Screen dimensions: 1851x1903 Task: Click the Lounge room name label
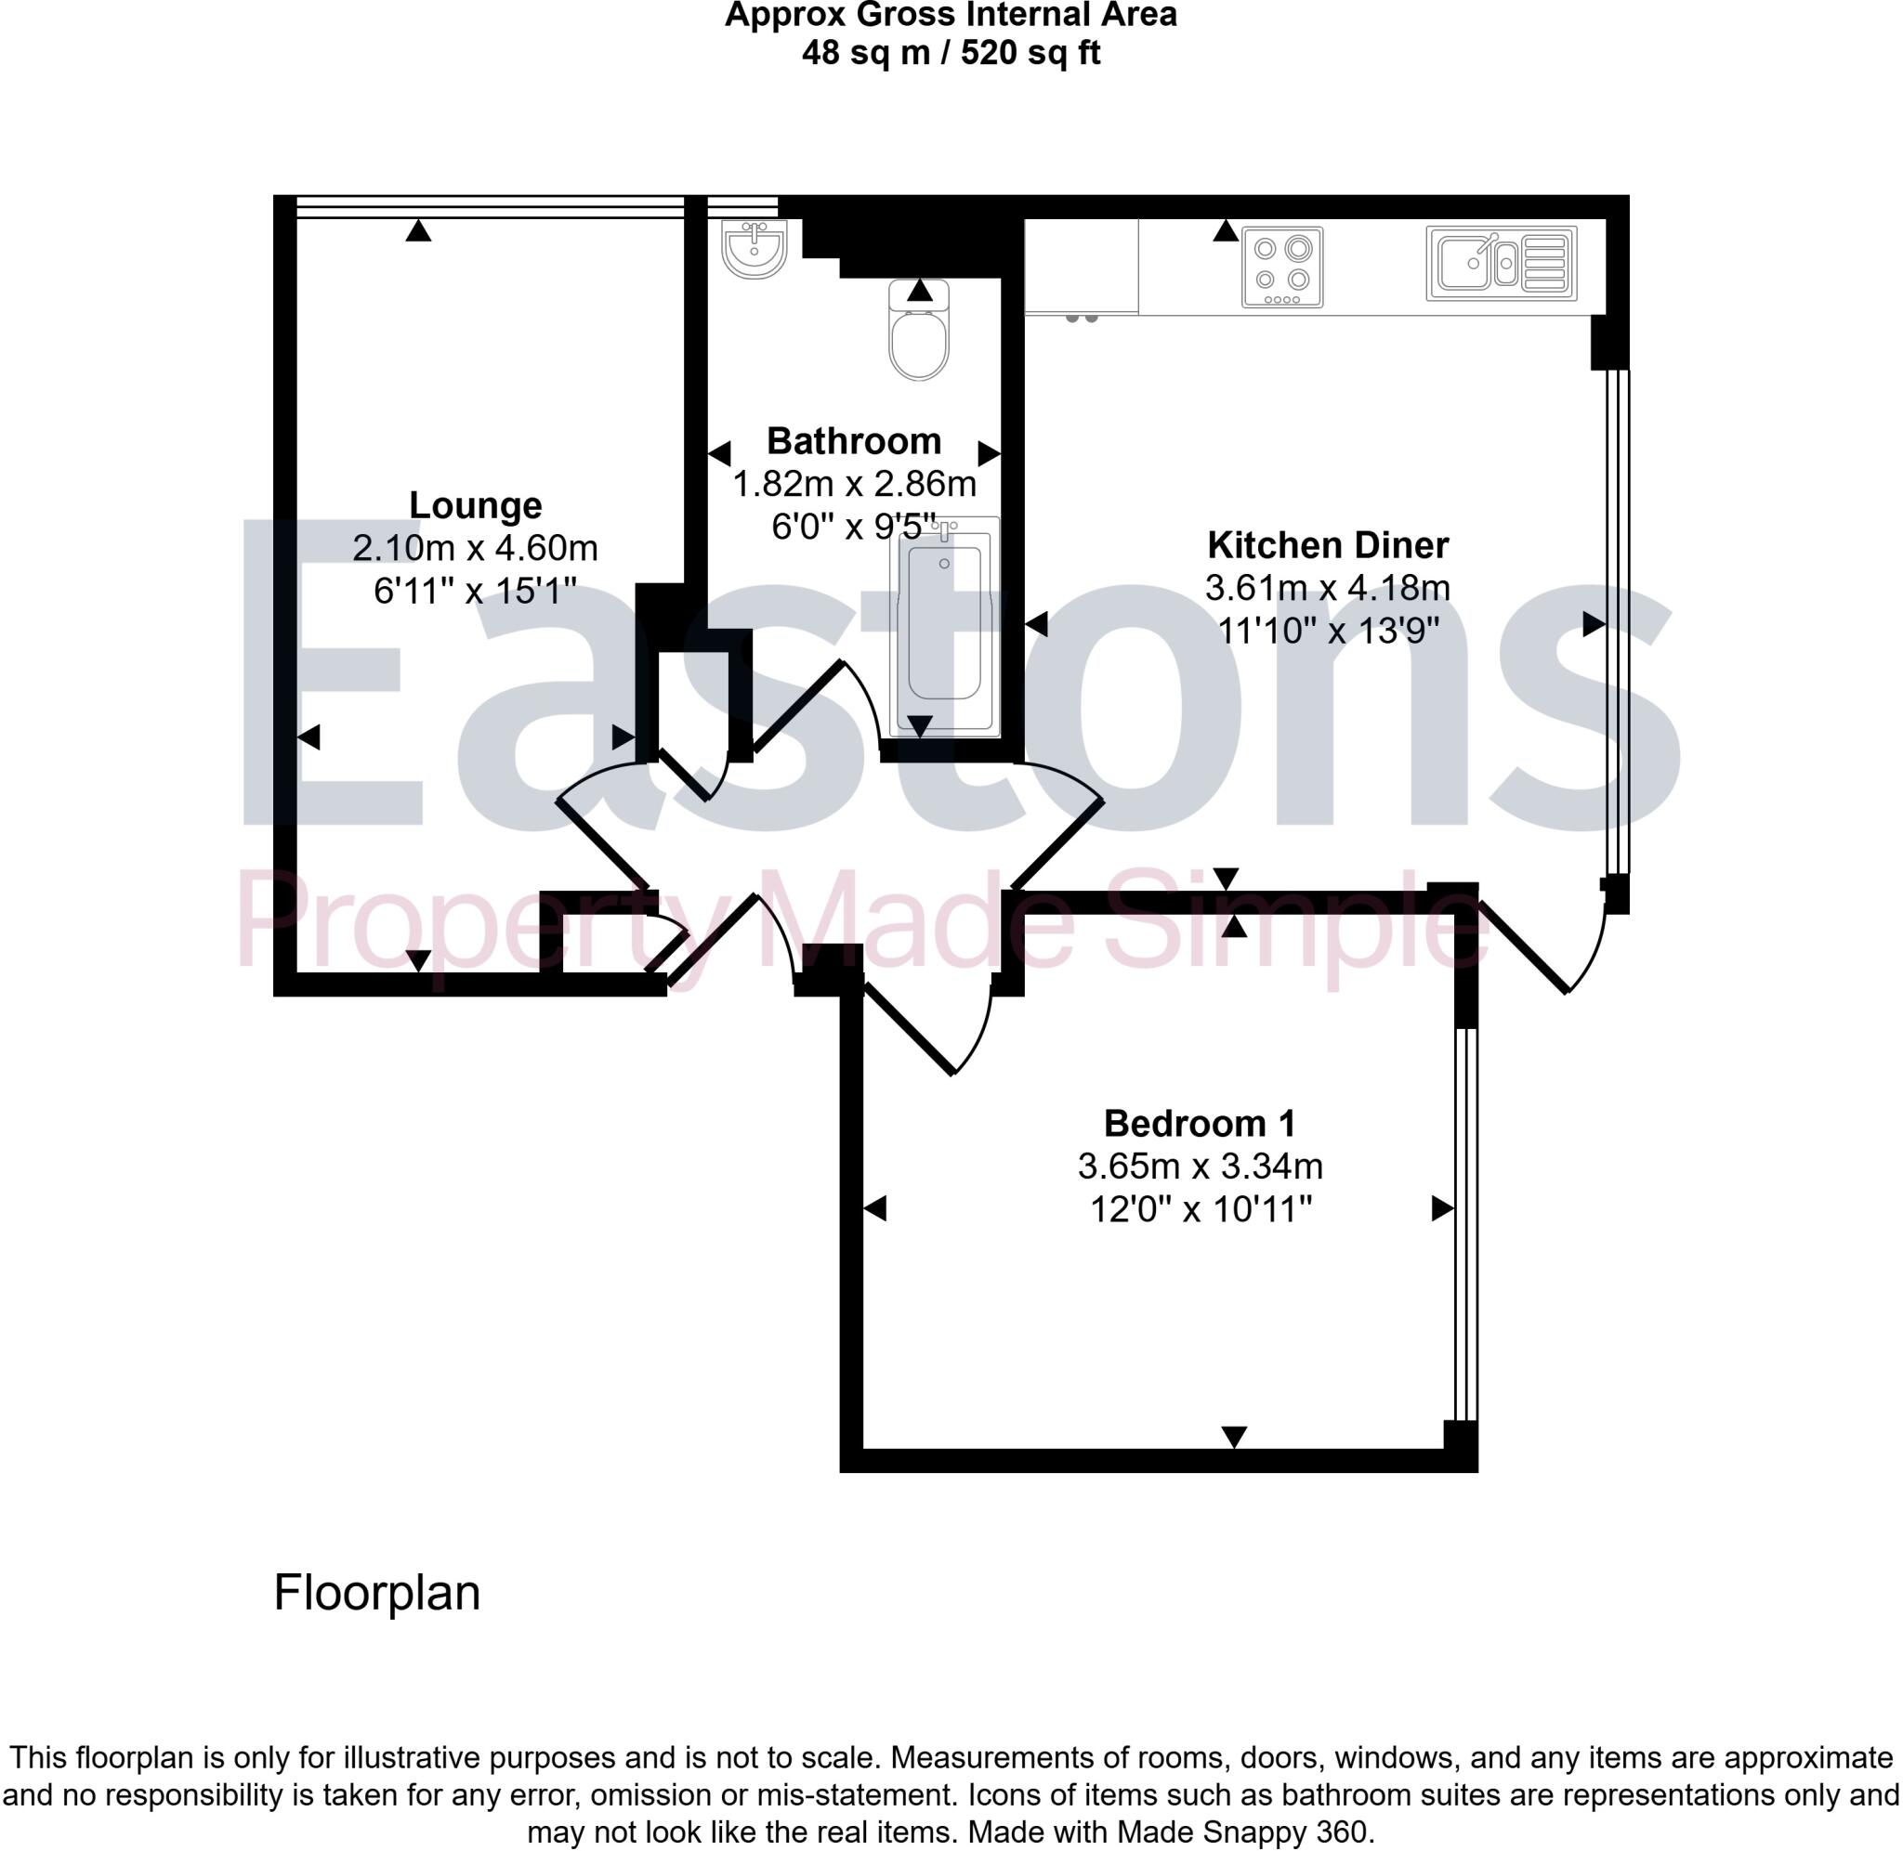point(475,505)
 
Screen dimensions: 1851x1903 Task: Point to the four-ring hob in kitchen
point(1281,267)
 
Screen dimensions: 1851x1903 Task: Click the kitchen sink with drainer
point(1501,264)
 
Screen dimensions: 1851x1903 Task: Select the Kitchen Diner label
point(1327,545)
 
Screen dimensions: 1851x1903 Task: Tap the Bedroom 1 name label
point(1199,1124)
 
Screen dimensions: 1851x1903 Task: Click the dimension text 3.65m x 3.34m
point(1199,1166)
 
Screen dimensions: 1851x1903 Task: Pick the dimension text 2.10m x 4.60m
point(475,548)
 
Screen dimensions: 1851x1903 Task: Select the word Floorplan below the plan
point(376,1593)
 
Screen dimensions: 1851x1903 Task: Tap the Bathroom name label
point(854,441)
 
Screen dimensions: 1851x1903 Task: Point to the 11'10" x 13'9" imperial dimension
point(1327,631)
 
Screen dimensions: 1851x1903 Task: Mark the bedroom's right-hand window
point(1465,1225)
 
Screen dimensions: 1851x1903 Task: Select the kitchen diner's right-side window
point(1615,622)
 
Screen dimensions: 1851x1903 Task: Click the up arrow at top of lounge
point(418,230)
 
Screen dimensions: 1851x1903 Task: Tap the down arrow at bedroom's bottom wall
point(1233,1436)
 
